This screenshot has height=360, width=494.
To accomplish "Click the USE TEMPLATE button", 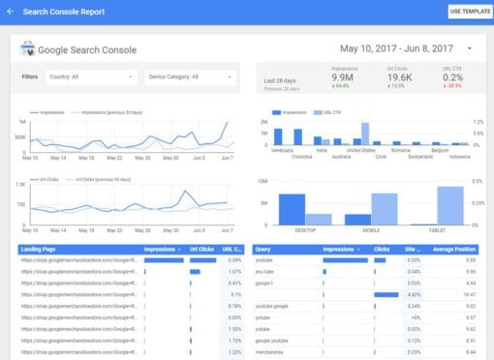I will pos(470,11).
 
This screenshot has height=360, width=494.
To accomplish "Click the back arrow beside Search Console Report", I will pos(11,11).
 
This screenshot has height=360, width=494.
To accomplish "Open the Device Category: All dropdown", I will pos(190,76).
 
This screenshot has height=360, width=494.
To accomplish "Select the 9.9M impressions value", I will pos(341,77).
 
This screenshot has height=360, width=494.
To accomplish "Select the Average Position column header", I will pos(456,249).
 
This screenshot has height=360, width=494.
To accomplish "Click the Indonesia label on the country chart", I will pos(459,156).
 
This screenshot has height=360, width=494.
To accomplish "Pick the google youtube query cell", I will pos(273,341).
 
